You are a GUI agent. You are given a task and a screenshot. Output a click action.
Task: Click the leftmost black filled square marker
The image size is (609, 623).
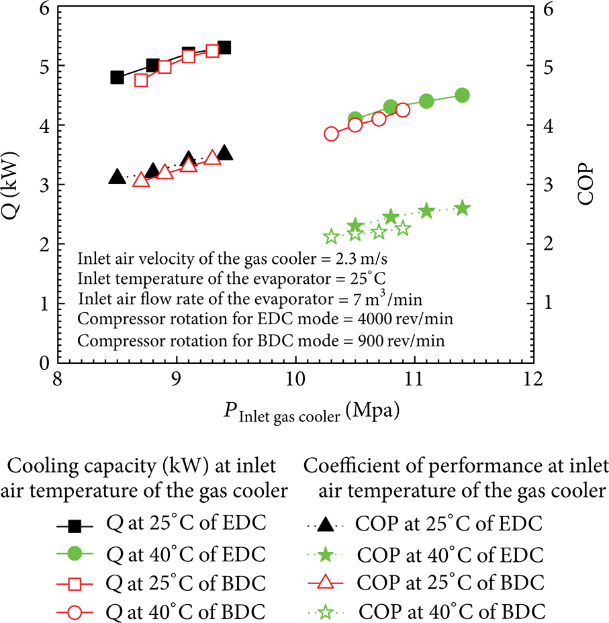[x=117, y=77]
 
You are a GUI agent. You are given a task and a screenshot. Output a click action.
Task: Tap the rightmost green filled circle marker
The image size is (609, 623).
[x=462, y=95]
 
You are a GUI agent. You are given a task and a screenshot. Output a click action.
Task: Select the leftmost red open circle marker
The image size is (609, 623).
[x=331, y=134]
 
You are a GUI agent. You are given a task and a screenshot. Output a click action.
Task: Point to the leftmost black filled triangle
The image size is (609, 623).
[x=117, y=177]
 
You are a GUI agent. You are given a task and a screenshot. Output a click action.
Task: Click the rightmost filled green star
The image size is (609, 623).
[x=462, y=208]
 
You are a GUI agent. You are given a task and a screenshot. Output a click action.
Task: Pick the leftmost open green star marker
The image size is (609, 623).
[x=331, y=237]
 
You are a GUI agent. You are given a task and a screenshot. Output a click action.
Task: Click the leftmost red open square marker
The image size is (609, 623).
[x=141, y=81]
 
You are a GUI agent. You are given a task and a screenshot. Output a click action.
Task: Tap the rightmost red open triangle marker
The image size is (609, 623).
[x=213, y=158]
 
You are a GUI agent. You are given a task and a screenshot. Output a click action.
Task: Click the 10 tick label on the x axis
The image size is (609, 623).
[x=295, y=379]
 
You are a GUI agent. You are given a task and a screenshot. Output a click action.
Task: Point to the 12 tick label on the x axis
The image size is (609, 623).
[x=532, y=379]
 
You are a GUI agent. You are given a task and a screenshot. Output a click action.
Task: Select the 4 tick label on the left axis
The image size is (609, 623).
[x=44, y=126]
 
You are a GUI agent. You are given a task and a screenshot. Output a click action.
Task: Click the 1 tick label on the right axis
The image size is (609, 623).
[x=549, y=303]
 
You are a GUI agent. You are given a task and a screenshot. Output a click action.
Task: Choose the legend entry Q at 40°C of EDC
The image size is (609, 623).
[x=161, y=554]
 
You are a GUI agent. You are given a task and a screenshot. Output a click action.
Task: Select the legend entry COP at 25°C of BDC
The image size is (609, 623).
[x=426, y=583]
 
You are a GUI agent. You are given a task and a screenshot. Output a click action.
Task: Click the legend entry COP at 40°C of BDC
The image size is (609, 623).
[x=426, y=612]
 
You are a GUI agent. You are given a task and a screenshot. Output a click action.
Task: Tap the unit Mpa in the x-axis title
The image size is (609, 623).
[x=373, y=410]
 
